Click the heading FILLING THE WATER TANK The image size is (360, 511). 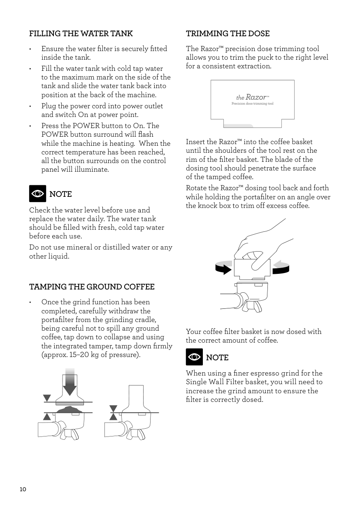click(81, 34)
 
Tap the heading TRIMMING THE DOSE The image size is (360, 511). click(228, 34)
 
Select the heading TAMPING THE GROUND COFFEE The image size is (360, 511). click(92, 287)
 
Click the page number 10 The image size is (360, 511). click(23, 489)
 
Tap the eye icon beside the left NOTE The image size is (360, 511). click(37, 194)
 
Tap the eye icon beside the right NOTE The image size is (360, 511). click(194, 357)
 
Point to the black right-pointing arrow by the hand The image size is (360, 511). click(224, 269)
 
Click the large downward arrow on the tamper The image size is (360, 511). click(70, 383)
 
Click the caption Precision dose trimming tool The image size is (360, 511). click(253, 104)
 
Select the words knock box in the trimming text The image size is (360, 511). click(209, 206)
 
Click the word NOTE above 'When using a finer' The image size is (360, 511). click(217, 358)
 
